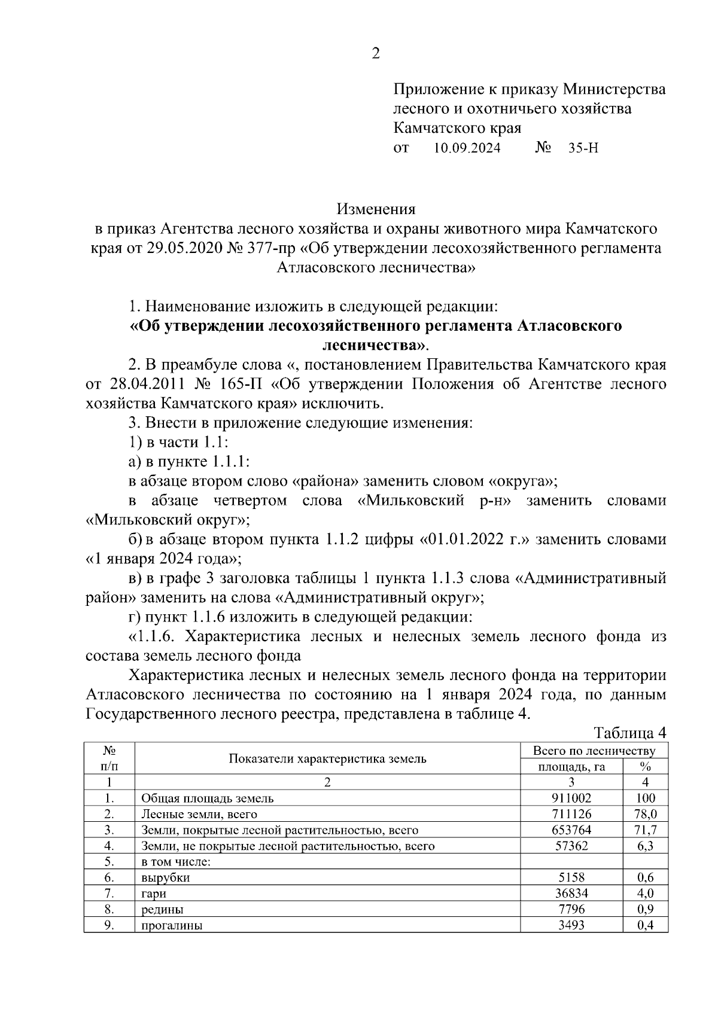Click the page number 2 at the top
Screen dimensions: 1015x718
(375, 54)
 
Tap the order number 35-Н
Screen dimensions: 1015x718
(583, 148)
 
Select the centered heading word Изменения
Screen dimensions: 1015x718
(376, 209)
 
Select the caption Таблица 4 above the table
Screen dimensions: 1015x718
(629, 733)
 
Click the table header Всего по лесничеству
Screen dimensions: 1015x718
(594, 751)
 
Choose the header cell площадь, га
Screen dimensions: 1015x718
(571, 767)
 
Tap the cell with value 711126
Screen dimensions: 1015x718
(571, 814)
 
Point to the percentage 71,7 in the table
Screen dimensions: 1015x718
(645, 830)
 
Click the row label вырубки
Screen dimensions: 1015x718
(166, 878)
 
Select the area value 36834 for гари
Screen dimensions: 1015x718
(571, 894)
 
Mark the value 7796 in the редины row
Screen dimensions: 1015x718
(571, 910)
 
